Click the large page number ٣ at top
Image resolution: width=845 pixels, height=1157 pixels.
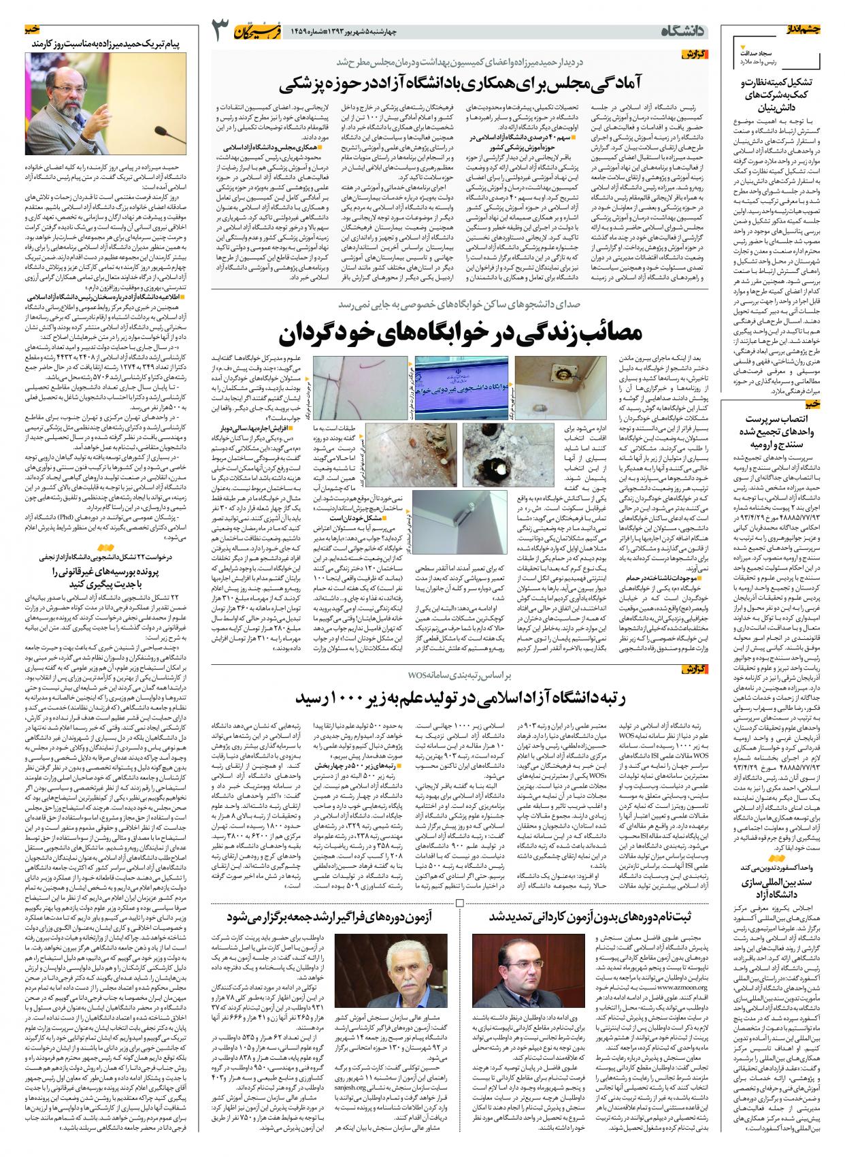[221, 31]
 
